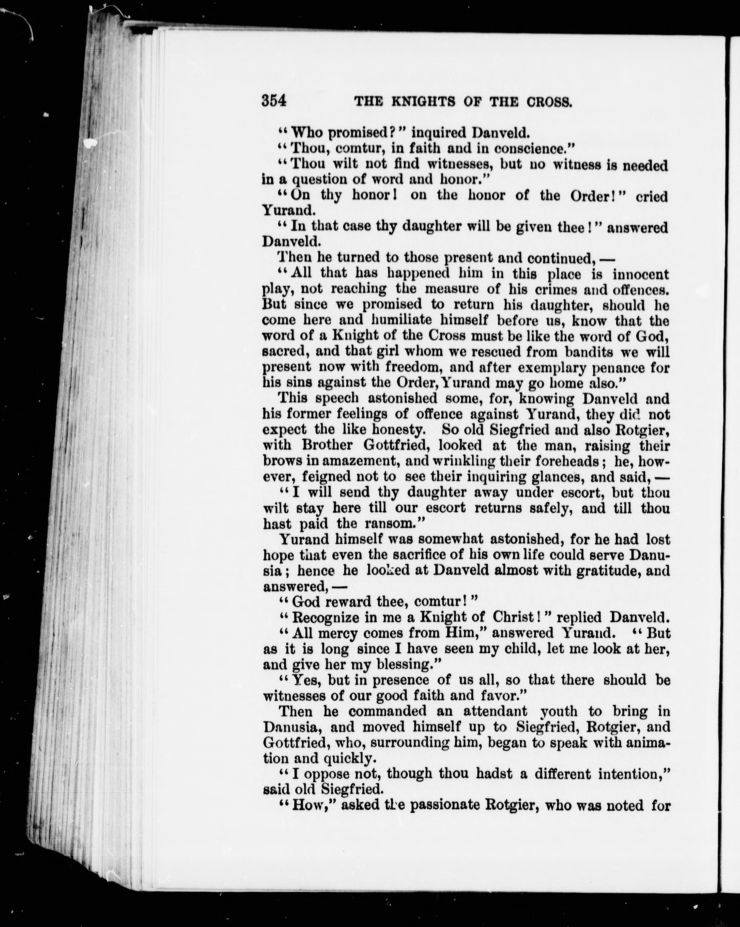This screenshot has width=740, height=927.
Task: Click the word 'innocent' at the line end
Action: (x=640, y=274)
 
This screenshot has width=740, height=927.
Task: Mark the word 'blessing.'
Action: (x=408, y=665)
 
